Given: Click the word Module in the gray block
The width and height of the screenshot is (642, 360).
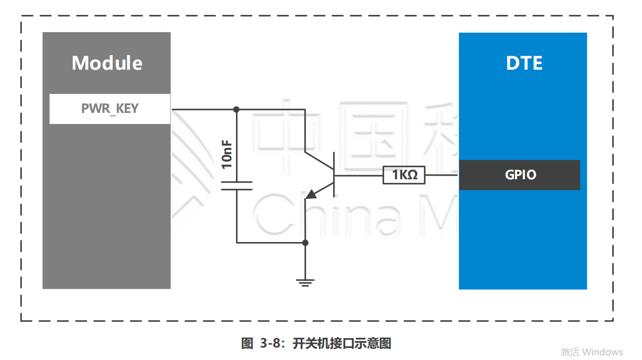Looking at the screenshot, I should coord(107,63).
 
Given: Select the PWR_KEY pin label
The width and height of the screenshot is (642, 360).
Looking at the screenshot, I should coord(110,109).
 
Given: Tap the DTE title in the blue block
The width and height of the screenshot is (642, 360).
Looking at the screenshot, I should coord(524,63).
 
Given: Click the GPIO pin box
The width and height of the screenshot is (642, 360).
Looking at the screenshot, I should coord(520,175).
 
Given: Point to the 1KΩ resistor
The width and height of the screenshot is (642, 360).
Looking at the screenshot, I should coord(404,175).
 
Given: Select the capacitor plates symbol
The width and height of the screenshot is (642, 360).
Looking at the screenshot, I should coord(236,186).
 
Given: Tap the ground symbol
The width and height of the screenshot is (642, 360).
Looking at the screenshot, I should coord(305,282).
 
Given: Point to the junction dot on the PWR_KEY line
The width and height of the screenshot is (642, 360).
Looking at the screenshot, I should coord(236,110).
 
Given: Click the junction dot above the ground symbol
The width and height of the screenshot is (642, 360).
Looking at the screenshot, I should coord(305,242).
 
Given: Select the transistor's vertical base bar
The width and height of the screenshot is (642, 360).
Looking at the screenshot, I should coord(334,175).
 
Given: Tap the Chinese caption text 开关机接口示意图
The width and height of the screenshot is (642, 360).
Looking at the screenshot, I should coord(342,344).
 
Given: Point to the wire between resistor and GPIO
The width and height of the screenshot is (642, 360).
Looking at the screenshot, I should coord(441,175).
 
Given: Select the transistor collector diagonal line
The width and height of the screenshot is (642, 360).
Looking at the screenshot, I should coord(320,160).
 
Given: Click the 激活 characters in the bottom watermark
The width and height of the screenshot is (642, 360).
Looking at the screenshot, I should coord(570,352).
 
